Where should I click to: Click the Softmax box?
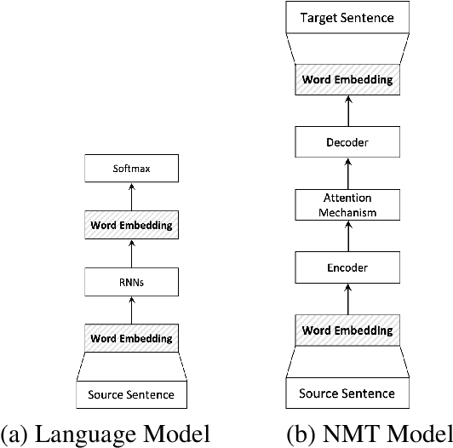click(132, 169)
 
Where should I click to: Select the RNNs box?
click(132, 282)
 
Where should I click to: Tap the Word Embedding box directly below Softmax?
click(132, 226)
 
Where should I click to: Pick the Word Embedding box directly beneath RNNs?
click(132, 338)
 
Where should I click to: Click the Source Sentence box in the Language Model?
click(132, 394)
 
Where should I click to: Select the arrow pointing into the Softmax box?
click(132, 197)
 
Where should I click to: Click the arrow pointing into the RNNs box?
click(132, 310)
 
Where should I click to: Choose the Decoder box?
click(347, 143)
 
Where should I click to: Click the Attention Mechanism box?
click(347, 205)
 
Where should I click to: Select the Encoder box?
click(347, 267)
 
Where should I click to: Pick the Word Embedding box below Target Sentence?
click(347, 81)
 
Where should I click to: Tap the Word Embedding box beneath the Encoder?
click(347, 330)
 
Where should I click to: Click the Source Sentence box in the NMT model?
click(347, 393)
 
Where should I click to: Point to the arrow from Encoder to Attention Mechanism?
click(347, 237)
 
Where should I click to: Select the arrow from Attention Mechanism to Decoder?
click(347, 175)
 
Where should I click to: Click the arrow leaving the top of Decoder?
click(347, 112)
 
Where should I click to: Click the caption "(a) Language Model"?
click(106, 434)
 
